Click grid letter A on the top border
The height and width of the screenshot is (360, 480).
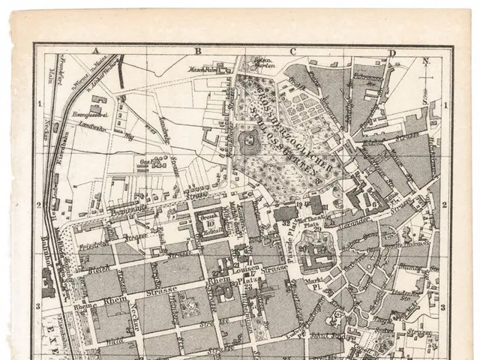click(96, 51)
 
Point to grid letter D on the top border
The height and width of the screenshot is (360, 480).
click(392, 52)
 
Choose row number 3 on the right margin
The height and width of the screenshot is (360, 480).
click(444, 307)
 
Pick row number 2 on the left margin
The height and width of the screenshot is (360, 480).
click(40, 204)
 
